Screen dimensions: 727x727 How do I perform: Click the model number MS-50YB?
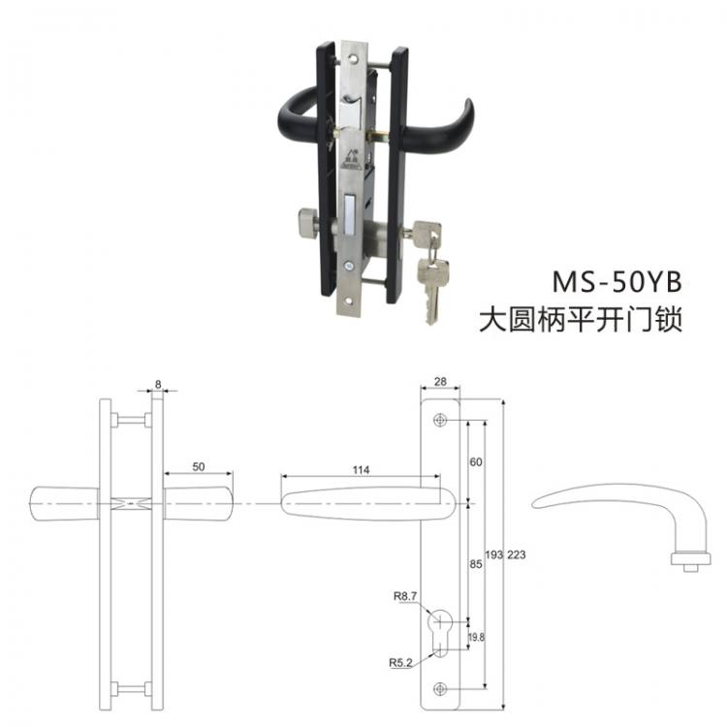point(616,281)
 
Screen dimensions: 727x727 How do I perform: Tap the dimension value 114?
point(361,469)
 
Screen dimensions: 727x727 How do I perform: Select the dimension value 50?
point(198,466)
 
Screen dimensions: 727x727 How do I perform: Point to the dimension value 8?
point(157,384)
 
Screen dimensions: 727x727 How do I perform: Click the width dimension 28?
point(442,383)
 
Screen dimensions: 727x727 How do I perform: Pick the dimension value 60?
point(476,461)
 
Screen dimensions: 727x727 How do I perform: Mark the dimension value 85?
point(476,562)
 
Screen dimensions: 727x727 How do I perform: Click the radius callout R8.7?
point(405,597)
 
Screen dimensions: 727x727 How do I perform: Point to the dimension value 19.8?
point(478,637)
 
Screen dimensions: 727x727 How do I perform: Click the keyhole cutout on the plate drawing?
point(442,630)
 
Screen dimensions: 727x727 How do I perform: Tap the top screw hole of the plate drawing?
point(442,421)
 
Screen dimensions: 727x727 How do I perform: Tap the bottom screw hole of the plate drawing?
point(442,688)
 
